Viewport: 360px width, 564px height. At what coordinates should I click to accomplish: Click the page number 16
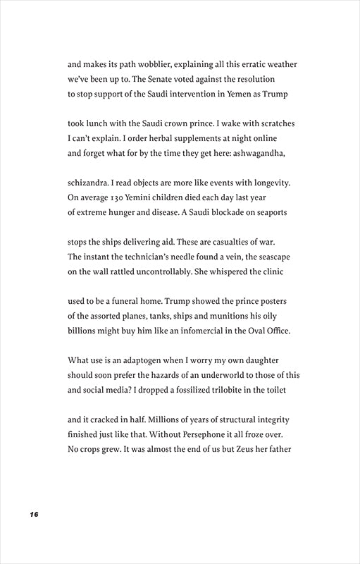(33, 513)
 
